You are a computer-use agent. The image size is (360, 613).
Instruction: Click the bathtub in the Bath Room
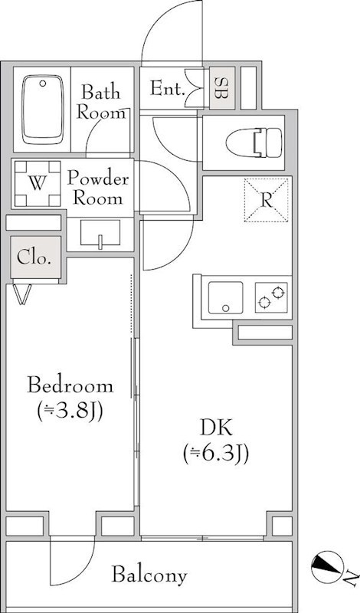tap(42, 109)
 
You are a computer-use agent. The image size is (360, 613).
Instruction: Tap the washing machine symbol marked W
tap(38, 183)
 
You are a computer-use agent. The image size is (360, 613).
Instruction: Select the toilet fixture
tap(254, 143)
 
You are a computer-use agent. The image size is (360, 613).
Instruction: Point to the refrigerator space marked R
tap(267, 200)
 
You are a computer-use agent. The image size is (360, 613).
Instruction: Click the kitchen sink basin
tap(225, 298)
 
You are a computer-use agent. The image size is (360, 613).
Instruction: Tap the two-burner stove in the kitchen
tap(271, 297)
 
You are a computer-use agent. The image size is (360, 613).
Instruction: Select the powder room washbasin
tap(100, 234)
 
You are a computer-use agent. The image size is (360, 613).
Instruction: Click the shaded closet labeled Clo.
tap(36, 257)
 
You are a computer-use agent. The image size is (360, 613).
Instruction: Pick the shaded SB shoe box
tap(222, 88)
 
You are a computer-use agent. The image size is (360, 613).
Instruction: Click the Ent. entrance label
tap(167, 89)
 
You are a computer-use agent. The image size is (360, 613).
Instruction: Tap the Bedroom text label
tap(70, 386)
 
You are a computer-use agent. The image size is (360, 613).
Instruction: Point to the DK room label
tap(216, 428)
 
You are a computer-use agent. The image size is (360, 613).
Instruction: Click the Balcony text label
tap(149, 575)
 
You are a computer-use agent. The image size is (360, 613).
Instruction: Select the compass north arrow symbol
tap(326, 565)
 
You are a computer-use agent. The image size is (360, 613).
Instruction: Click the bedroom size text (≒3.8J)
tap(70, 411)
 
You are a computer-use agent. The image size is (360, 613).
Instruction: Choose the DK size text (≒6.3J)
tap(216, 454)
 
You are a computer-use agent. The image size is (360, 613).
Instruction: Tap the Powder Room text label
tap(98, 188)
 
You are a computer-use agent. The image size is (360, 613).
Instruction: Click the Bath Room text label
tap(101, 103)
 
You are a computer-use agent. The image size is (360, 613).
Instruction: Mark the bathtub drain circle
tap(43, 84)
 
